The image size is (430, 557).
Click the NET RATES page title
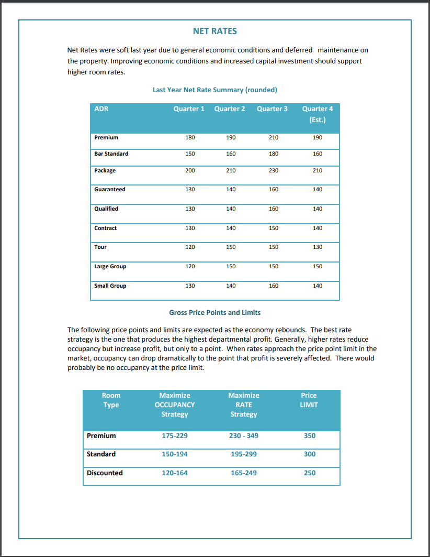coord(214,31)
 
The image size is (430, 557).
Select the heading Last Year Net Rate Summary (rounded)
coord(214,90)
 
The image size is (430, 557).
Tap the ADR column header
coord(101,109)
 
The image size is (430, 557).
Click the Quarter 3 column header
coord(272,109)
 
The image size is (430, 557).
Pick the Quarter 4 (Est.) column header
coord(317,114)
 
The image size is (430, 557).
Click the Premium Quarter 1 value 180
coord(190,138)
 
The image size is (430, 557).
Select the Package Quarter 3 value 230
coord(274,171)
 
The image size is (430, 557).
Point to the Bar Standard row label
coord(111,154)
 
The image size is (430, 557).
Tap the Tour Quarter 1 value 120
coord(190,247)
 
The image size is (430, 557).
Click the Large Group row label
coord(110,267)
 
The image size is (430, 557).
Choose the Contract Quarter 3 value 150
coord(274,228)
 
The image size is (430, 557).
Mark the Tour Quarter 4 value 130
coord(318,247)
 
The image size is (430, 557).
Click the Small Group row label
coord(110,286)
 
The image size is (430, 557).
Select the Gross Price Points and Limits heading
coord(214,312)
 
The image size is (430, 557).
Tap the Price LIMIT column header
coord(309,400)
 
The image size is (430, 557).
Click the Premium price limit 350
coord(310,436)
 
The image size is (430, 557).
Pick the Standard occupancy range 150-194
coord(175,454)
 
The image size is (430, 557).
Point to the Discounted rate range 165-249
coord(244,473)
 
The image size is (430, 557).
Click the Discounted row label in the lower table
coord(105,473)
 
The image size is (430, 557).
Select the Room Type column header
coord(111,400)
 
